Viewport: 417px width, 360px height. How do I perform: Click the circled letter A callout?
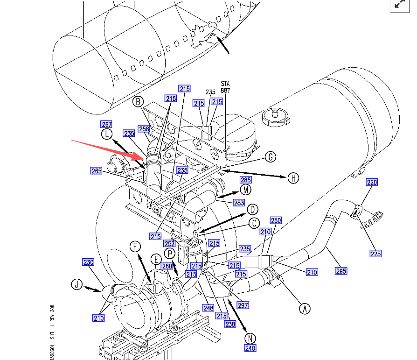click(305, 308)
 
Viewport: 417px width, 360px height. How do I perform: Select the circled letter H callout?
click(293, 177)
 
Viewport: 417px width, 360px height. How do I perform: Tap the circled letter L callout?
click(107, 134)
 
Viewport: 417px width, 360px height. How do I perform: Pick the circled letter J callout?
click(76, 284)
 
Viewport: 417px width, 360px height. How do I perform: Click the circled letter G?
click(270, 157)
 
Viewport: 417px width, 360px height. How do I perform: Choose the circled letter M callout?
click(246, 190)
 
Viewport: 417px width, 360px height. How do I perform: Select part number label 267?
click(107, 124)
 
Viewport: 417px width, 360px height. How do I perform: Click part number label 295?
click(341, 271)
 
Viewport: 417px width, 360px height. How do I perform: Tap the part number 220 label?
click(372, 183)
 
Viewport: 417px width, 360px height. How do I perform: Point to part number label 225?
click(375, 254)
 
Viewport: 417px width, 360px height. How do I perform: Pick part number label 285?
click(245, 180)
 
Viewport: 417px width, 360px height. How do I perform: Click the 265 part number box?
click(96, 171)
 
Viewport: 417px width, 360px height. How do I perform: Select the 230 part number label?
click(88, 262)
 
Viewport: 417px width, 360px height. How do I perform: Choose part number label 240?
click(250, 348)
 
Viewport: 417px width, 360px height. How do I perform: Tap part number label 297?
click(243, 305)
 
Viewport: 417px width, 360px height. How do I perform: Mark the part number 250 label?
click(276, 220)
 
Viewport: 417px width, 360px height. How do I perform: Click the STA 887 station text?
click(226, 86)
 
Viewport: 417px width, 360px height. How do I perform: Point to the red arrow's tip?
click(146, 159)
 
